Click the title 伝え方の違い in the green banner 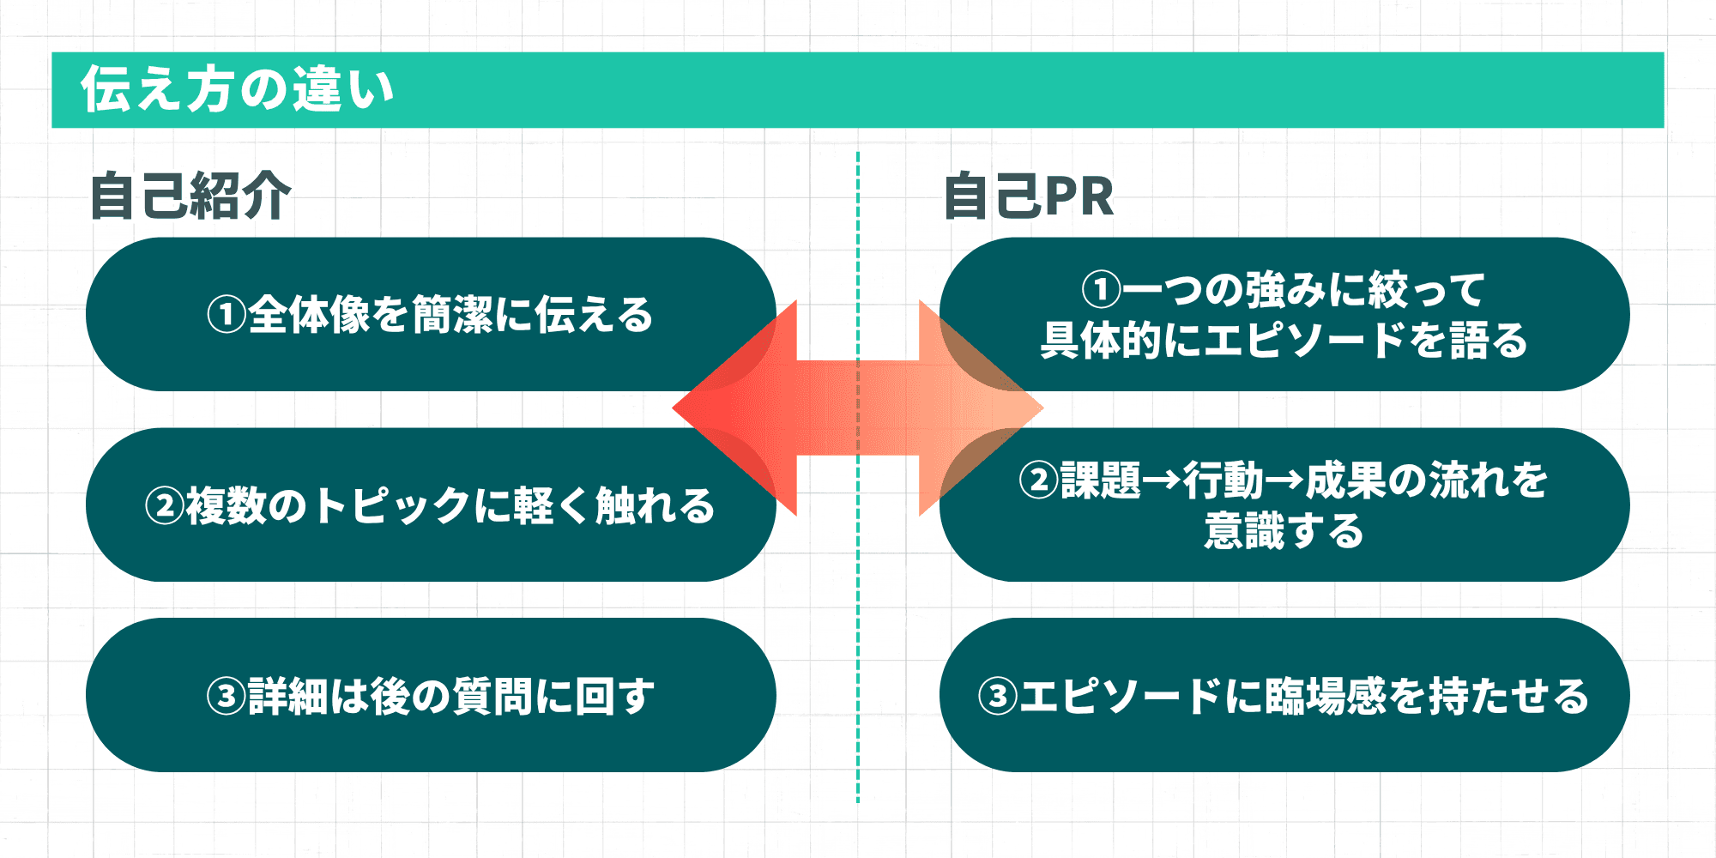238,89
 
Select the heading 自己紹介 190,196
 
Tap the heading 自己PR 1028,196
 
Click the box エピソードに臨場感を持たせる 1284,695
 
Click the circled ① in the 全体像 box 227,315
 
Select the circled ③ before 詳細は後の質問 227,696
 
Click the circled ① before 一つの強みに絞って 1101,290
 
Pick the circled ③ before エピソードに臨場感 998,696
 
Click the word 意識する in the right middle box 1284,531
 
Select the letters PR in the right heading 1079,196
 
